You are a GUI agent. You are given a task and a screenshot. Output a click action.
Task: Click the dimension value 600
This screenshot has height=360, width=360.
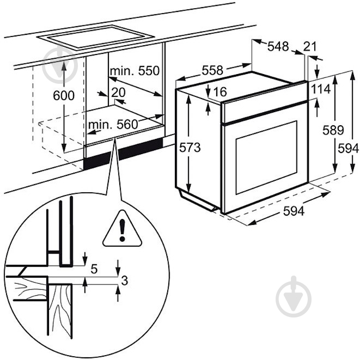pyautogui.click(x=64, y=95)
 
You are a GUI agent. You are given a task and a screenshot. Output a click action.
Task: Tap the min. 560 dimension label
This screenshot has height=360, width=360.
pyautogui.click(x=113, y=125)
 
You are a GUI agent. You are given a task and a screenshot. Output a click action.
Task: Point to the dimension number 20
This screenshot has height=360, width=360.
pyautogui.click(x=118, y=92)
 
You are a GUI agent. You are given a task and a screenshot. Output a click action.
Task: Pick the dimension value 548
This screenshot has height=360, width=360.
pyautogui.click(x=278, y=47)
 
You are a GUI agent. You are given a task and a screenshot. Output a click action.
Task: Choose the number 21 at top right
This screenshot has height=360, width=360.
pyautogui.click(x=310, y=47)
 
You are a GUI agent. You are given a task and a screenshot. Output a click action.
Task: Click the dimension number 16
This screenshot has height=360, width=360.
pyautogui.click(x=219, y=92)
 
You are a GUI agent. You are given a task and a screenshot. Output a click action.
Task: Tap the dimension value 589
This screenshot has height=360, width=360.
pyautogui.click(x=332, y=130)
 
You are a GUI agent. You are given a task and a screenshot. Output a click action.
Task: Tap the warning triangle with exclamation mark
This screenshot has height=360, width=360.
pyautogui.click(x=121, y=229)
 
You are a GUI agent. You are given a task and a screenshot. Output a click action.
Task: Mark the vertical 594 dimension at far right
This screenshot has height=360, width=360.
pyautogui.click(x=349, y=148)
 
